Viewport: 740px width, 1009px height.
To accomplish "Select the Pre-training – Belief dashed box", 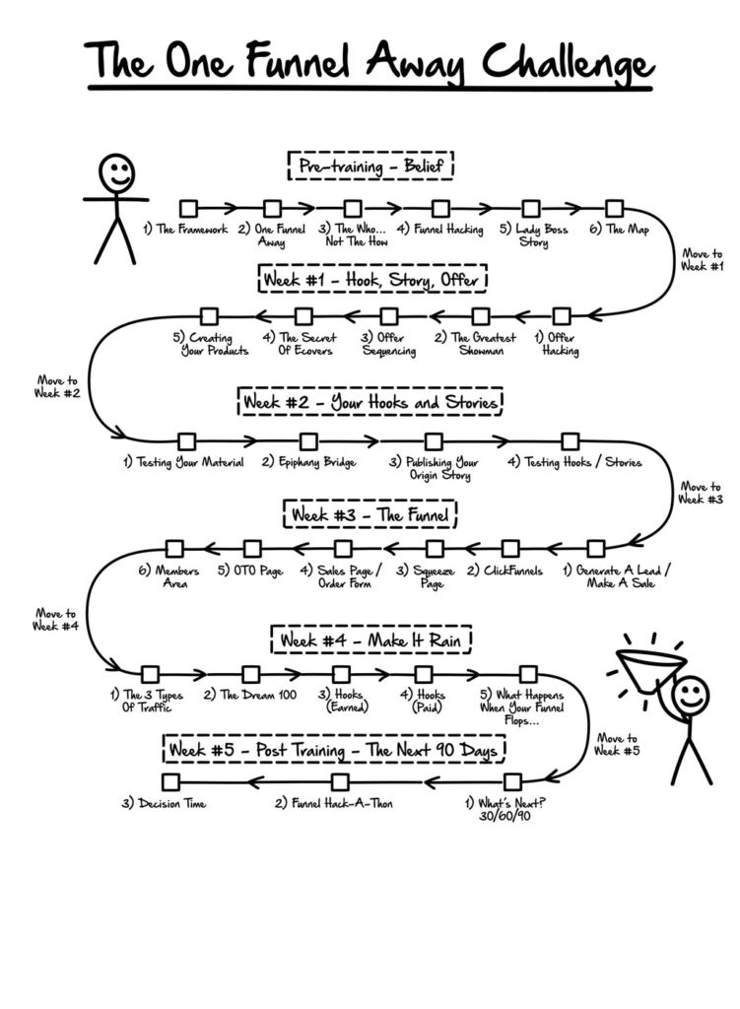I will pyautogui.click(x=370, y=166).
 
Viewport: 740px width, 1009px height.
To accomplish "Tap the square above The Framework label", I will pyautogui.click(x=188, y=208).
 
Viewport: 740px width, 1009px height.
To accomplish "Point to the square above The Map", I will pyautogui.click(x=614, y=208).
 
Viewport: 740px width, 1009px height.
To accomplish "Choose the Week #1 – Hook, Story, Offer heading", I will pyautogui.click(x=373, y=279).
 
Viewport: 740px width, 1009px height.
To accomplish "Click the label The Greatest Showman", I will pyautogui.click(x=475, y=344).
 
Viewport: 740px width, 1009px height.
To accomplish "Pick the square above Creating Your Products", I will pyautogui.click(x=209, y=316).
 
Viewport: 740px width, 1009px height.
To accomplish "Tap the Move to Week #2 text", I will pyautogui.click(x=59, y=386).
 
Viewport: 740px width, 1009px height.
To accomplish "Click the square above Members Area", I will pyautogui.click(x=175, y=549).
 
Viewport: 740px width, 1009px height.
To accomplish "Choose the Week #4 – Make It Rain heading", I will pyautogui.click(x=372, y=640).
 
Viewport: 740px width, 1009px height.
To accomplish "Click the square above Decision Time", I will pyautogui.click(x=170, y=781).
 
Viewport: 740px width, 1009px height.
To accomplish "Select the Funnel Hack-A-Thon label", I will pyautogui.click(x=334, y=803).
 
